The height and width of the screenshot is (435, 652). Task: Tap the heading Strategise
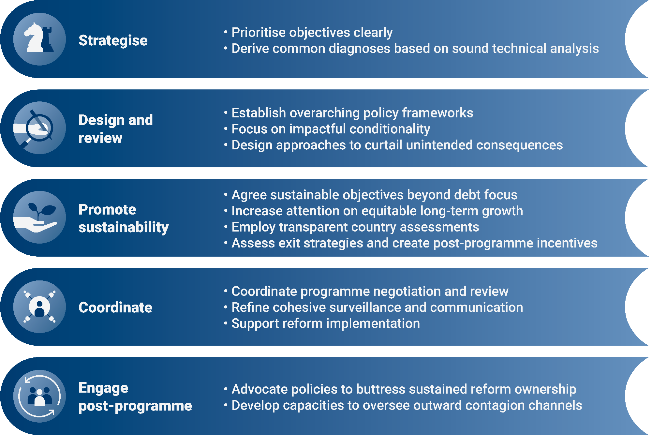(113, 40)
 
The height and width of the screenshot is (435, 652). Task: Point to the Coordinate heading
(115, 307)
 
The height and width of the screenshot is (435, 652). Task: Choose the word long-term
(450, 211)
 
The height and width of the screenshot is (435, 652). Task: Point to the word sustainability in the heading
(124, 227)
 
